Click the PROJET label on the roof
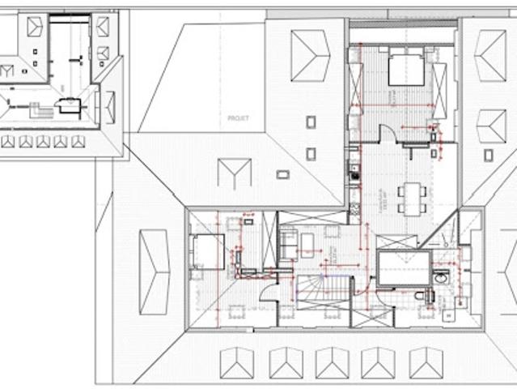[x=239, y=118]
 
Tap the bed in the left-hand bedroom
[x=208, y=250]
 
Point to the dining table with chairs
[x=413, y=197]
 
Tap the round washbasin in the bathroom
[x=440, y=278]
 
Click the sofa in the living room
[x=289, y=244]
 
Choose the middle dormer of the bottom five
[x=332, y=361]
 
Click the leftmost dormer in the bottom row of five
[x=237, y=361]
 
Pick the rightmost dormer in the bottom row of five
[x=426, y=361]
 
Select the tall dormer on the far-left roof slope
[x=154, y=271]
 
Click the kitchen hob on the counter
[x=354, y=171]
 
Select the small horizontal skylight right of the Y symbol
[x=282, y=173]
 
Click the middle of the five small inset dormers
[x=43, y=141]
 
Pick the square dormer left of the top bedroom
[x=309, y=56]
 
